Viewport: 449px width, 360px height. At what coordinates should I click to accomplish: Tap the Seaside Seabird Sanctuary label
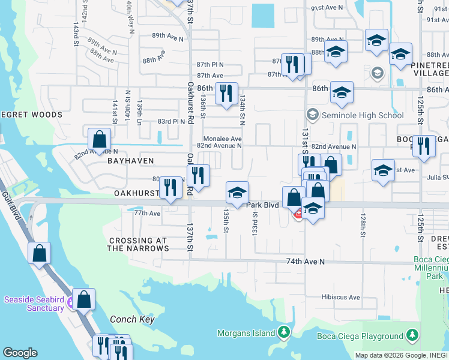(34, 304)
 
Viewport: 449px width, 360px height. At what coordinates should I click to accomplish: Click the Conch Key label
(132, 319)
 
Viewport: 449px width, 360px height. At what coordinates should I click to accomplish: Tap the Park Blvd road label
(263, 205)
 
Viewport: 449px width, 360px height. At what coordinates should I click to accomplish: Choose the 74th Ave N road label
(305, 262)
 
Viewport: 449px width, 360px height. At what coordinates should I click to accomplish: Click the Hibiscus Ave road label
(340, 297)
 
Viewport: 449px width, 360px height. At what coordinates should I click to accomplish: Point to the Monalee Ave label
(223, 138)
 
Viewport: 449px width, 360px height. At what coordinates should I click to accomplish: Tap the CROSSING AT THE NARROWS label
(137, 244)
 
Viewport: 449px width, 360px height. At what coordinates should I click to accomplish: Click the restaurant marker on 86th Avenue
(226, 93)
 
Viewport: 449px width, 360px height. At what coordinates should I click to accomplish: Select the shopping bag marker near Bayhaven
(99, 139)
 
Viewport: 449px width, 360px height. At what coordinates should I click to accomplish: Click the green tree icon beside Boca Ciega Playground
(412, 335)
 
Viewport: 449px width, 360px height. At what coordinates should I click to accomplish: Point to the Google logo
(20, 353)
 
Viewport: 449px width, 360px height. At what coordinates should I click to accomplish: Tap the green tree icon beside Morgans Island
(283, 332)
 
